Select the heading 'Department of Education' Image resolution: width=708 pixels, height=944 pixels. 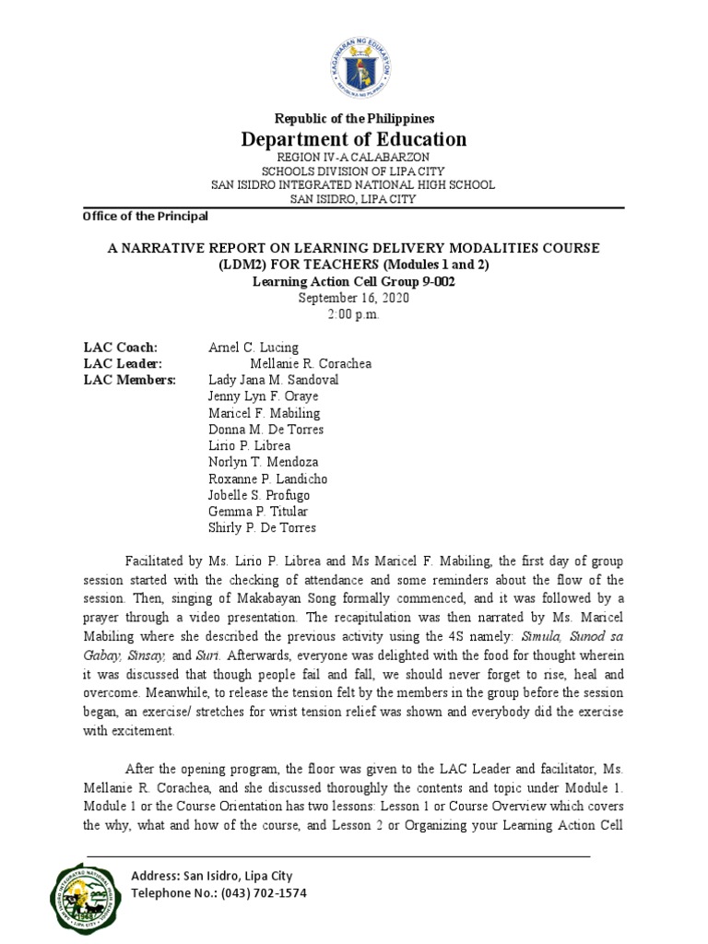coord(353,139)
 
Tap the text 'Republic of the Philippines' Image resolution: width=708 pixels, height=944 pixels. coord(353,119)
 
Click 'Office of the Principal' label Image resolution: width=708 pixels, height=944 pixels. coord(145,217)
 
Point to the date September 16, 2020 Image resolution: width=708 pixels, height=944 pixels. coord(353,299)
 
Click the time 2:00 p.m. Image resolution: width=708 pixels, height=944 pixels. coord(353,314)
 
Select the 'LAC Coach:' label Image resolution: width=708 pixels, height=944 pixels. coord(121,348)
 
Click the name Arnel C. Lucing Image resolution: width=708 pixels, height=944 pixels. coord(254,348)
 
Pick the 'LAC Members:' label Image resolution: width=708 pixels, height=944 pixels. coord(129,380)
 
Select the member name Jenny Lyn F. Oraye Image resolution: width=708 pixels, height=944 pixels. coord(264,396)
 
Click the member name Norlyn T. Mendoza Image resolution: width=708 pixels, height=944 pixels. coord(265,463)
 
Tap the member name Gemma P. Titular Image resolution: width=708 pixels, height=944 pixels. coord(258,512)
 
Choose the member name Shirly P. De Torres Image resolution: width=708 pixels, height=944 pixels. coord(263,528)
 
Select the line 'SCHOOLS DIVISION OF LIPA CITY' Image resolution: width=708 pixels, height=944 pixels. coord(353,171)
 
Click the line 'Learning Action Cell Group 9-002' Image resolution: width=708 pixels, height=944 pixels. coord(353,282)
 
